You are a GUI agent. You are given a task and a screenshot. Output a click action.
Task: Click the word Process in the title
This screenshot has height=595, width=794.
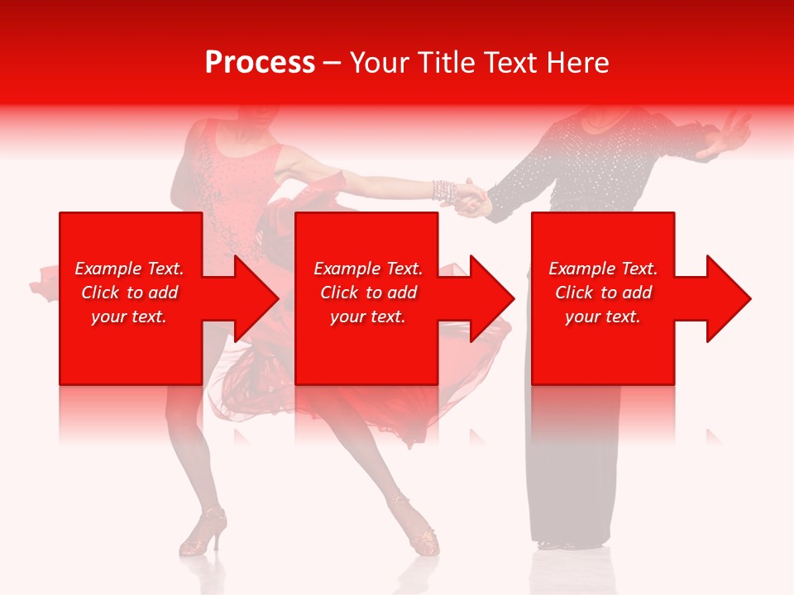click(x=260, y=63)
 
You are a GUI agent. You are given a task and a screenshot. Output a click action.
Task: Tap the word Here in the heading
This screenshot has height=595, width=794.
click(x=577, y=63)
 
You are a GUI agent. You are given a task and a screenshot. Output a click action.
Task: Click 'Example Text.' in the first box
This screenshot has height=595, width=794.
click(x=129, y=269)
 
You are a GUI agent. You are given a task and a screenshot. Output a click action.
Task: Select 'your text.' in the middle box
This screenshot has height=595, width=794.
click(x=367, y=317)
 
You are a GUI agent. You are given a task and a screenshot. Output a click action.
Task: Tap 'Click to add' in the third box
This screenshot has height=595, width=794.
click(x=603, y=293)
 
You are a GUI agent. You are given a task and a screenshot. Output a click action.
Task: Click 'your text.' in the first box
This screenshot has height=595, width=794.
click(x=129, y=317)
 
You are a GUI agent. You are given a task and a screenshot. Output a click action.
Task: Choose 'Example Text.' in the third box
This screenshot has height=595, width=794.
click(x=603, y=269)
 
